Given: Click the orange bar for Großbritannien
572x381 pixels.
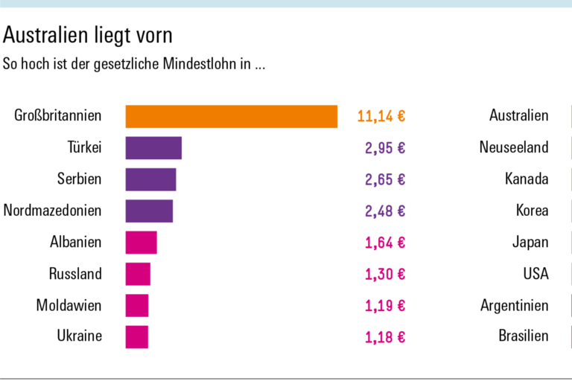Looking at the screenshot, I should coord(231,116).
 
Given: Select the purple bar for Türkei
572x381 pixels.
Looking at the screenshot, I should coord(153,148).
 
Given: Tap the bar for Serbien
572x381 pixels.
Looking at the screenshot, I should coord(150,179).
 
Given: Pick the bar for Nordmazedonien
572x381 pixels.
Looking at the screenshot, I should coord(149,211).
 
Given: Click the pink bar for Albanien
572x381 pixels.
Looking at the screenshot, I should coord(141,243).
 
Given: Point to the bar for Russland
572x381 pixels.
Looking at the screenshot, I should coord(138,274).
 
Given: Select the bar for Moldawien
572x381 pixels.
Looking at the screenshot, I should coord(137,305).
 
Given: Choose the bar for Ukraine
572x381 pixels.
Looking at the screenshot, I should coord(137,336).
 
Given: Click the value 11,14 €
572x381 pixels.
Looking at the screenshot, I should coord(381,116).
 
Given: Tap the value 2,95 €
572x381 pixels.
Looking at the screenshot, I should coord(385,148).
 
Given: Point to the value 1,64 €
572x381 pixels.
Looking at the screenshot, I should coord(385,243).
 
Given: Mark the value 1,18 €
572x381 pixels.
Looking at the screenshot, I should coord(385,336).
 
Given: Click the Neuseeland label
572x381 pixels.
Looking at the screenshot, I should coord(514,147).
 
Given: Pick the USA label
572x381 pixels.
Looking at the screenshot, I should coord(536,274).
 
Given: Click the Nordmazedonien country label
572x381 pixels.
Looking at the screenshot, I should coord(52,211).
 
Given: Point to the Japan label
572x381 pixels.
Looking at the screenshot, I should coord(530,243).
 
